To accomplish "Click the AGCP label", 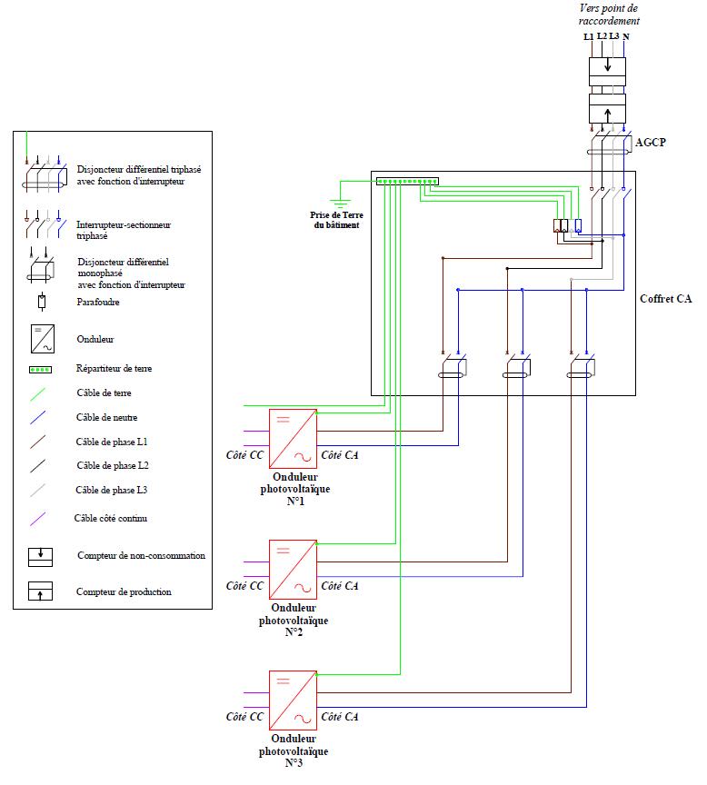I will (652, 144).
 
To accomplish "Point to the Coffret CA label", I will (665, 298).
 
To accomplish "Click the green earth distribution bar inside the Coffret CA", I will (408, 182).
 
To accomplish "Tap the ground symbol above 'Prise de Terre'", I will (339, 203).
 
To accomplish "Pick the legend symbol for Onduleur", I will (43, 339).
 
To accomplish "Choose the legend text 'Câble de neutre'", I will (107, 418).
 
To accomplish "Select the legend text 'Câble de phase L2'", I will (113, 465).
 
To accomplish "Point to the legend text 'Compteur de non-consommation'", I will (141, 555).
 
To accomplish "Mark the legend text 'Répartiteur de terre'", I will (113, 370).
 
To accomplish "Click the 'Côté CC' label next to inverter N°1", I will (244, 454).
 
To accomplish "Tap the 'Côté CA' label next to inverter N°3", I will (340, 716).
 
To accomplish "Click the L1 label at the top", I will (588, 36).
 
